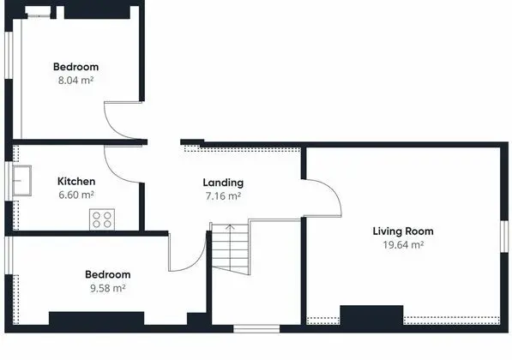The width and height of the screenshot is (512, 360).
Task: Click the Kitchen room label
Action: click(76, 181)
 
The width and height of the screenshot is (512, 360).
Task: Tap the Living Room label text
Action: click(403, 231)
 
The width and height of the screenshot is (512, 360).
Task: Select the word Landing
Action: click(223, 183)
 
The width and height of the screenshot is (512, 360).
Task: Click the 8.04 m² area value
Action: click(75, 80)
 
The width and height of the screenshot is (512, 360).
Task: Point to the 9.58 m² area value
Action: click(108, 288)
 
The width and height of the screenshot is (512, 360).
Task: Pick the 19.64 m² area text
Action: click(403, 245)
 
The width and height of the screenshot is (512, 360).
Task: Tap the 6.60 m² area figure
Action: click(76, 195)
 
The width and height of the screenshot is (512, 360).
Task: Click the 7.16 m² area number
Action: click(223, 196)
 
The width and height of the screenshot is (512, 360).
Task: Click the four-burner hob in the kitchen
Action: click(102, 219)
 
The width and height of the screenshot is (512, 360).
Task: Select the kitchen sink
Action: click(22, 181)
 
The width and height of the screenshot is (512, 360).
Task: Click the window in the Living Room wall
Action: click(504, 237)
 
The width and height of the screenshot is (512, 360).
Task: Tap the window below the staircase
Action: click(256, 328)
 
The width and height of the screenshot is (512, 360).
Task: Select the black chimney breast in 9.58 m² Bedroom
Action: click(96, 318)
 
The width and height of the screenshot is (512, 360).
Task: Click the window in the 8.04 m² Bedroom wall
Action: click(9, 55)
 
